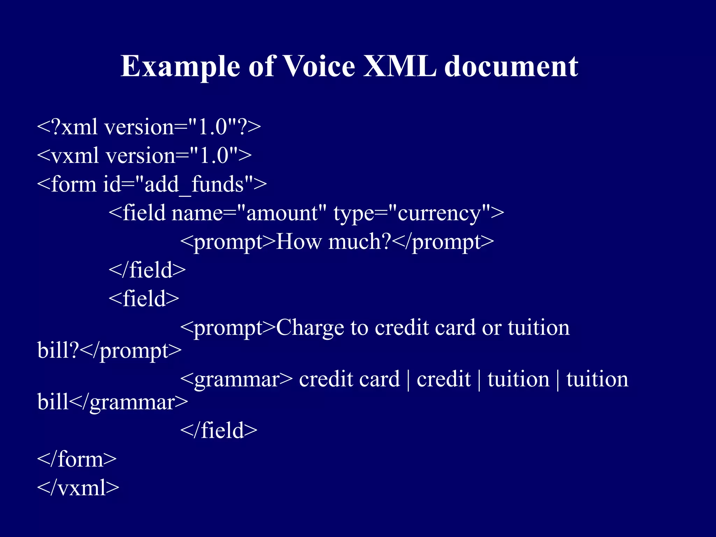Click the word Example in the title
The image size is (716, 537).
[x=180, y=66]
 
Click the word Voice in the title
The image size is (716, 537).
[x=318, y=66]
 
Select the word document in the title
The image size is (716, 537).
[x=511, y=66]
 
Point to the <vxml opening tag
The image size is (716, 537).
[x=68, y=156]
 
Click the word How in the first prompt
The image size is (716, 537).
[x=298, y=242]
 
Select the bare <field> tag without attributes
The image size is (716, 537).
[x=144, y=299]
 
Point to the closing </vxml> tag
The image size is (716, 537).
[x=78, y=488]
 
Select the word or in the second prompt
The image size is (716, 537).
[x=492, y=328]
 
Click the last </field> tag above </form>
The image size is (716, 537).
[x=219, y=430]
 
